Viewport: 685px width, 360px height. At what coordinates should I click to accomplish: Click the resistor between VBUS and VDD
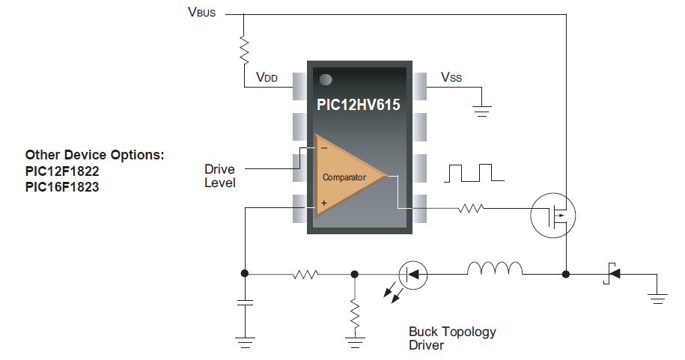pyautogui.click(x=244, y=49)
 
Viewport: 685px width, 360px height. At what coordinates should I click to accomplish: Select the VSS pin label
pyautogui.click(x=451, y=77)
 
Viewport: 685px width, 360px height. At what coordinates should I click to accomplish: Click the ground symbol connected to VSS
pyautogui.click(x=482, y=112)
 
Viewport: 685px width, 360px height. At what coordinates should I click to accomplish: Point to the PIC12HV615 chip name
pyautogui.click(x=358, y=106)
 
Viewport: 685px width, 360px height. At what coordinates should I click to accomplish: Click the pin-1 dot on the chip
pyautogui.click(x=326, y=79)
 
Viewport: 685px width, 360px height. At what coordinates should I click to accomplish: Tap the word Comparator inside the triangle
pyautogui.click(x=344, y=177)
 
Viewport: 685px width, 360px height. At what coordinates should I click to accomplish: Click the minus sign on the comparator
pyautogui.click(x=323, y=147)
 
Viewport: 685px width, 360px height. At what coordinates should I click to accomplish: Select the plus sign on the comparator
pyautogui.click(x=323, y=203)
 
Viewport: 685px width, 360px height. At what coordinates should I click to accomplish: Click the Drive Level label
pyautogui.click(x=219, y=177)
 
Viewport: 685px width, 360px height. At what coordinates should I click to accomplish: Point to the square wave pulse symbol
pyautogui.click(x=474, y=173)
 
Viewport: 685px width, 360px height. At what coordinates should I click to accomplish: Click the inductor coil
pyautogui.click(x=494, y=269)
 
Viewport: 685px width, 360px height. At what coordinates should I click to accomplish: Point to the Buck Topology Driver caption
pyautogui.click(x=452, y=338)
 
